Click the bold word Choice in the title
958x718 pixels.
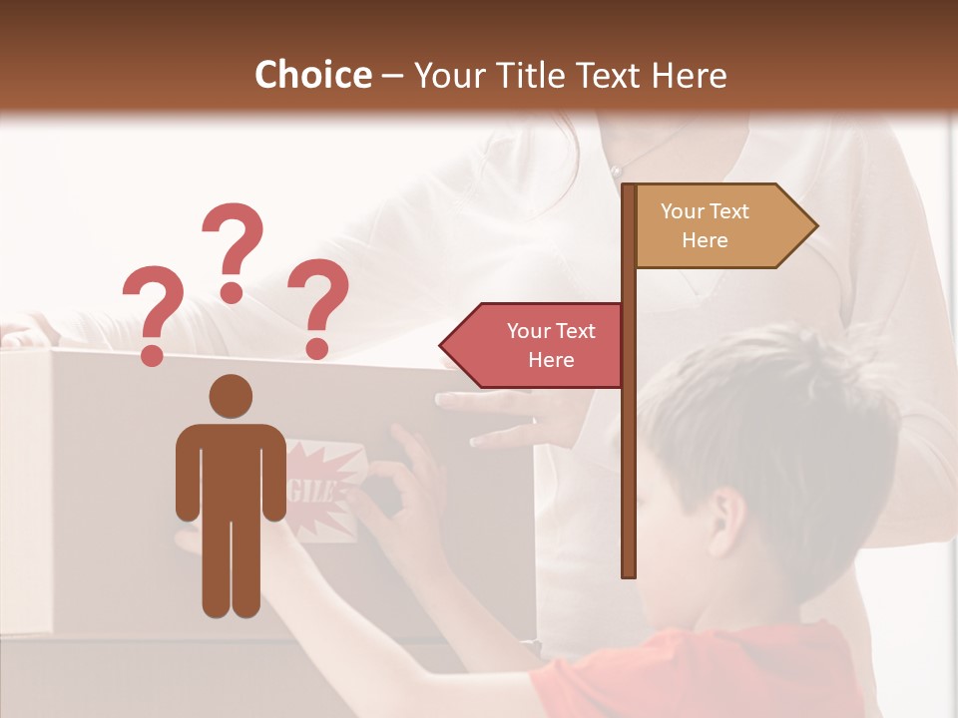[x=312, y=75]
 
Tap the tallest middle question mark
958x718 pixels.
[x=233, y=249]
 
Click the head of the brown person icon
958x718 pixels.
[x=231, y=396]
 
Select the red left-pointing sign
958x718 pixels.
[x=539, y=345]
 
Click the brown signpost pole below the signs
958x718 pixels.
[x=628, y=479]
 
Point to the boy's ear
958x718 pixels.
[x=725, y=518]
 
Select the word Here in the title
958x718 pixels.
[x=689, y=75]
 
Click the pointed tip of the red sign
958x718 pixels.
[x=443, y=345]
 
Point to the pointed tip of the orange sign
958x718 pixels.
[x=814, y=225]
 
